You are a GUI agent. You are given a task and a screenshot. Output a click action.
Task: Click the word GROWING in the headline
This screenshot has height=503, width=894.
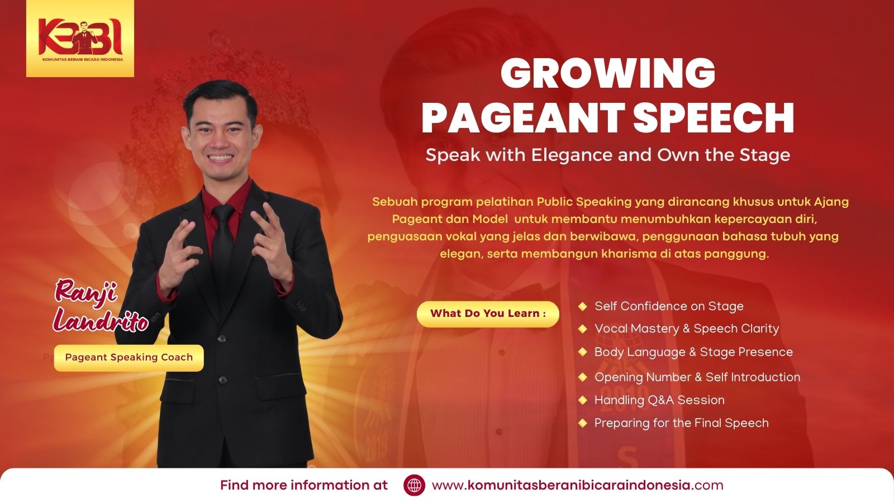(x=608, y=74)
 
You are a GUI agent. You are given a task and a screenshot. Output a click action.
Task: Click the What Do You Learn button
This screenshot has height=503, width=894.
(x=488, y=314)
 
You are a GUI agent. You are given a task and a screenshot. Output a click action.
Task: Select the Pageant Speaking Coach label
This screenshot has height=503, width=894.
(x=129, y=358)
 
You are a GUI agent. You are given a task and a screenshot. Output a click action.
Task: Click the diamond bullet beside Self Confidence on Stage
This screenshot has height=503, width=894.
(x=583, y=306)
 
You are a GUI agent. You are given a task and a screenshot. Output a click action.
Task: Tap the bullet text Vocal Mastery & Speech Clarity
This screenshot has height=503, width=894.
(x=687, y=329)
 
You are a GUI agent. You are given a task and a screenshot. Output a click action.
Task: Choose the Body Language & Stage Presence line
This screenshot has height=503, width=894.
(x=693, y=352)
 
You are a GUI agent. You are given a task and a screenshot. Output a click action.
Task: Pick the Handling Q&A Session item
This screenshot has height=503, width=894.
(x=659, y=400)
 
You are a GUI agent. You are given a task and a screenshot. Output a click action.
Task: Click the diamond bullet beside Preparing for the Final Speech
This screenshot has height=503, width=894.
(x=583, y=423)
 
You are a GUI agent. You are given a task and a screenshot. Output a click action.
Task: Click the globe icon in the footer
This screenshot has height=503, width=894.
(x=414, y=486)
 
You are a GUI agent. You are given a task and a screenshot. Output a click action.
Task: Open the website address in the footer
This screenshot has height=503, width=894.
(x=578, y=486)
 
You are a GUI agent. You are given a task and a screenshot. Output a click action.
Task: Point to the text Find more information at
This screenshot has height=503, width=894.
(x=304, y=486)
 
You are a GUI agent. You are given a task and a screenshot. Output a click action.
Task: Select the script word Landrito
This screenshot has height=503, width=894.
(x=101, y=320)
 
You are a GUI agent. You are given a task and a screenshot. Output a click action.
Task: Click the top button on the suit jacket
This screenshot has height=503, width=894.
(x=222, y=339)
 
